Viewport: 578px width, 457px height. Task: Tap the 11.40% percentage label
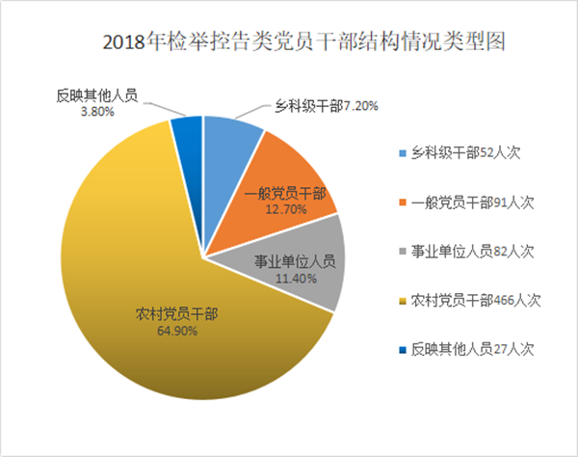coord(294,277)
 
